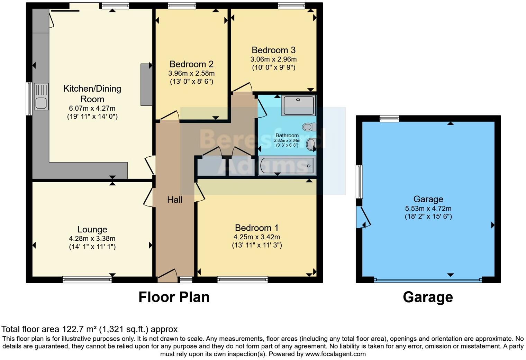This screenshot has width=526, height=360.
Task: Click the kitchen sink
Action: (41, 97)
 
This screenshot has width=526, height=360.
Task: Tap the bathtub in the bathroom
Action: (287, 165)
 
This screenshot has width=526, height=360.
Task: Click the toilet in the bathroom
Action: (309, 127)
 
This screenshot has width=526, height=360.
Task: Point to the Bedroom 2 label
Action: (191, 64)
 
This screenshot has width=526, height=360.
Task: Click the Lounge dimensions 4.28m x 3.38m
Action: (92, 239)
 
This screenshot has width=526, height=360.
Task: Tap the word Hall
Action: (175, 200)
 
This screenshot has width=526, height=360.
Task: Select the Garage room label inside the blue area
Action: (428, 199)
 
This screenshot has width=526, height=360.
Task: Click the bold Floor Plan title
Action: (174, 297)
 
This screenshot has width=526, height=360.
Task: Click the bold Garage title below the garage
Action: (428, 297)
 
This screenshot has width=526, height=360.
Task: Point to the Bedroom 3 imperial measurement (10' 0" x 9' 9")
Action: (273, 67)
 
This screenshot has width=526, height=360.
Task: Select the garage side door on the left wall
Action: (361, 217)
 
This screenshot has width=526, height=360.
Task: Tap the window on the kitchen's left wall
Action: (29, 99)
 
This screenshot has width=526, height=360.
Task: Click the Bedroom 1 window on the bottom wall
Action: (243, 279)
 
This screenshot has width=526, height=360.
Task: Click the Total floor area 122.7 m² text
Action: (89, 329)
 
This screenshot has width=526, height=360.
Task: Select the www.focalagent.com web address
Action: (335, 354)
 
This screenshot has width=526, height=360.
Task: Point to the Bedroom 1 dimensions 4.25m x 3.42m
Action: (257, 237)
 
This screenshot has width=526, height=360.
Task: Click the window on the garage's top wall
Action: (389, 119)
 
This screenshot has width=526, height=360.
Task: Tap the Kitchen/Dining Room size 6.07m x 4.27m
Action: (92, 108)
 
